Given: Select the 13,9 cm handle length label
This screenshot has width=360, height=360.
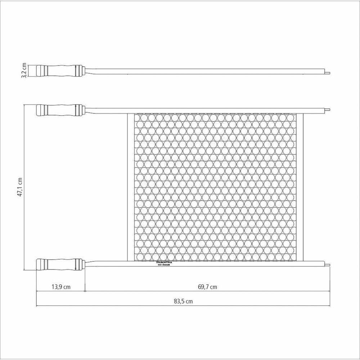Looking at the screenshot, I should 60,287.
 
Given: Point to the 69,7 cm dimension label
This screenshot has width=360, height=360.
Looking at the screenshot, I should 207,287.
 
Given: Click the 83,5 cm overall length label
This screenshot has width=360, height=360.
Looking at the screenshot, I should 183,302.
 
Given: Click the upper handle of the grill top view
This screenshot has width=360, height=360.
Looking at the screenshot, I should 60,110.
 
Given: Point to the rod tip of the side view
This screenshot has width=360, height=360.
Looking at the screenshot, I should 328,72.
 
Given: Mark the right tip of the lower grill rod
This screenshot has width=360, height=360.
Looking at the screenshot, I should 328,265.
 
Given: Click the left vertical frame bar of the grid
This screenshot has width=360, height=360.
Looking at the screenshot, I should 130,187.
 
